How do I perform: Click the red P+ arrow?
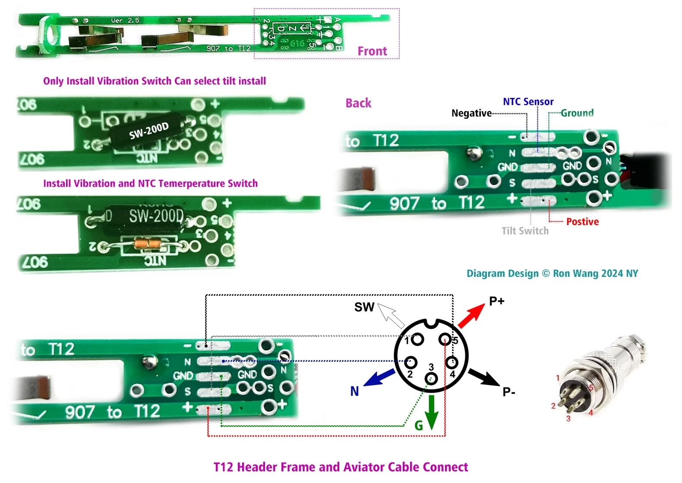pyautogui.click(x=471, y=315)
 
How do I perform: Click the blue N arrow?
pyautogui.click(x=379, y=378)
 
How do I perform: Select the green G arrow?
pyautogui.click(x=431, y=411)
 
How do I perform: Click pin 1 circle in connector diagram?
pyautogui.click(x=417, y=339)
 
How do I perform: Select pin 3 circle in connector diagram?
pyautogui.click(x=431, y=379)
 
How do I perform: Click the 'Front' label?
pyautogui.click(x=372, y=51)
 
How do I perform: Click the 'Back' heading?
pyautogui.click(x=358, y=103)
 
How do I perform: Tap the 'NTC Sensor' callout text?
pyautogui.click(x=528, y=102)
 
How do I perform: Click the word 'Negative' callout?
pyautogui.click(x=471, y=113)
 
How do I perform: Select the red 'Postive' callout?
pyautogui.click(x=582, y=222)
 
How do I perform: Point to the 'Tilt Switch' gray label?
pyautogui.click(x=525, y=231)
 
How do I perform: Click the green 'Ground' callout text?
pyautogui.click(x=577, y=113)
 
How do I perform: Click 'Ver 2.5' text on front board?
pyautogui.click(x=125, y=20)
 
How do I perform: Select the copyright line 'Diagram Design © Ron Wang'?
pyautogui.click(x=552, y=273)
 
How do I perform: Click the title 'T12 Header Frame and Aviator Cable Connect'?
pyautogui.click(x=341, y=467)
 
